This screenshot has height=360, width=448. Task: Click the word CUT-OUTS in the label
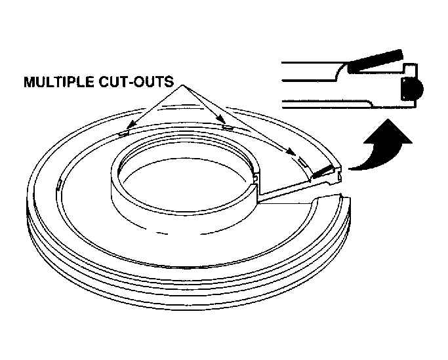[x=136, y=82]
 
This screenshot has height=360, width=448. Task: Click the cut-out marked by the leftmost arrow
[x=124, y=133]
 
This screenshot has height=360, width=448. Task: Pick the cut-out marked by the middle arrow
[x=228, y=127]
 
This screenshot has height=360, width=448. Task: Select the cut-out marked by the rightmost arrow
[x=302, y=161]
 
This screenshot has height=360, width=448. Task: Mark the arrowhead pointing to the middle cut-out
[x=221, y=119]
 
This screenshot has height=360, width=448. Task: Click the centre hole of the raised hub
[x=185, y=183]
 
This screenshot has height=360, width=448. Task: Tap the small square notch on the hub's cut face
[x=256, y=178]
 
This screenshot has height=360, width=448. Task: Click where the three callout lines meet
[x=182, y=85]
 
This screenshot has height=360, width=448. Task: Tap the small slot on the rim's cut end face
[x=339, y=176]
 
